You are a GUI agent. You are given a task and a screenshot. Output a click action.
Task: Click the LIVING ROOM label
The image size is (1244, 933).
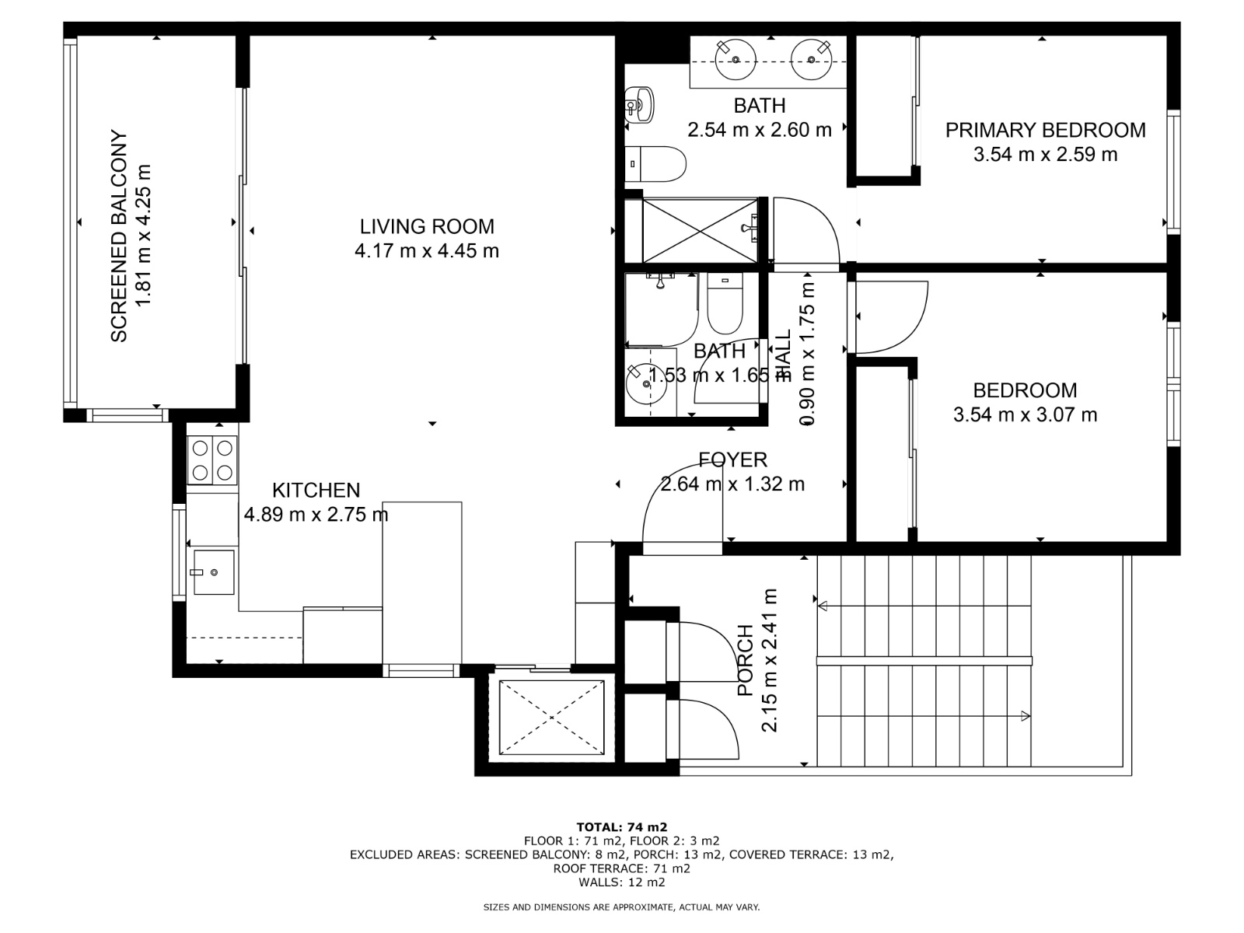(x=426, y=226)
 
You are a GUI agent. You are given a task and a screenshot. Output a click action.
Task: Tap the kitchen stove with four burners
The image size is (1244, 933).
(x=212, y=460)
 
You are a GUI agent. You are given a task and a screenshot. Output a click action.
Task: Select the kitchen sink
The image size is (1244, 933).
(x=213, y=571)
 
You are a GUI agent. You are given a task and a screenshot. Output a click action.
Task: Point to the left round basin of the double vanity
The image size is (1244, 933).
(x=734, y=58)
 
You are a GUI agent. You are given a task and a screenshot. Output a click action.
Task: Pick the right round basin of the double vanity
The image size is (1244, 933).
(x=812, y=58)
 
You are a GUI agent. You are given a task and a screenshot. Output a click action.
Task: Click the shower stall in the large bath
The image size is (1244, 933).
(x=699, y=231)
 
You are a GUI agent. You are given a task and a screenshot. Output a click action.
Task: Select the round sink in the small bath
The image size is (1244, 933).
(x=646, y=384)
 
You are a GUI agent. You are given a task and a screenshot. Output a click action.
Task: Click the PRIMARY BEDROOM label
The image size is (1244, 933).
(x=1045, y=130)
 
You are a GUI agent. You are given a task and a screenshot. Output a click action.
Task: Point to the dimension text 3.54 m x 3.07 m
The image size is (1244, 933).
(x=1025, y=414)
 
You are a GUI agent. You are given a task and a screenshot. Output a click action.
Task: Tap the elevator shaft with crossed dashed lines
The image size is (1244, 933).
(x=551, y=717)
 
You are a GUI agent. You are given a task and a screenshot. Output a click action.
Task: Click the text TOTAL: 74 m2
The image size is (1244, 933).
(x=621, y=827)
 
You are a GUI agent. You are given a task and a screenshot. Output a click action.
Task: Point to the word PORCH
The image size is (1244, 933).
(x=745, y=660)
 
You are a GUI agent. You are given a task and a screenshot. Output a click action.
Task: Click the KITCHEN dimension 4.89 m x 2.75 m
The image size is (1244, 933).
(x=316, y=514)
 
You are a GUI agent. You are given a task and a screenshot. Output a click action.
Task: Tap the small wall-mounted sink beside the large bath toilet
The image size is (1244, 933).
(x=640, y=105)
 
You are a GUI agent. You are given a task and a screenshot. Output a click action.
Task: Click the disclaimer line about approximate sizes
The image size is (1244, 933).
(x=621, y=907)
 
